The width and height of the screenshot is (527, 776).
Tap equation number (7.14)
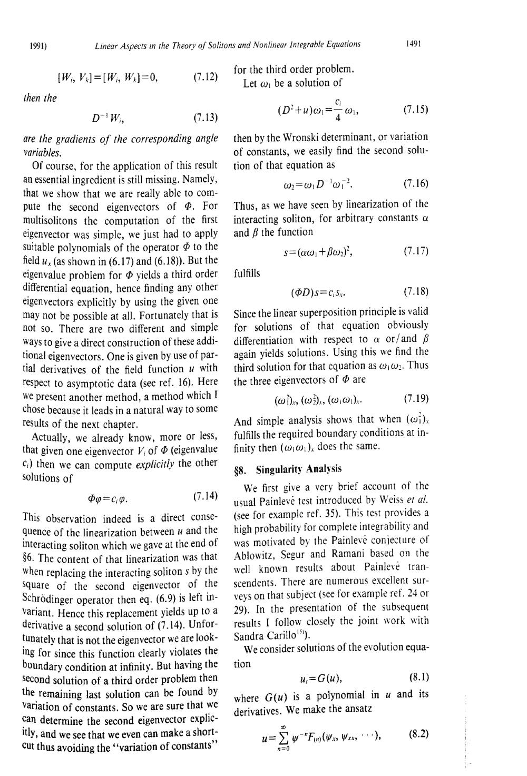coord(206,496)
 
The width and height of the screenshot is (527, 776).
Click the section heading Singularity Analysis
coord(299,468)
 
